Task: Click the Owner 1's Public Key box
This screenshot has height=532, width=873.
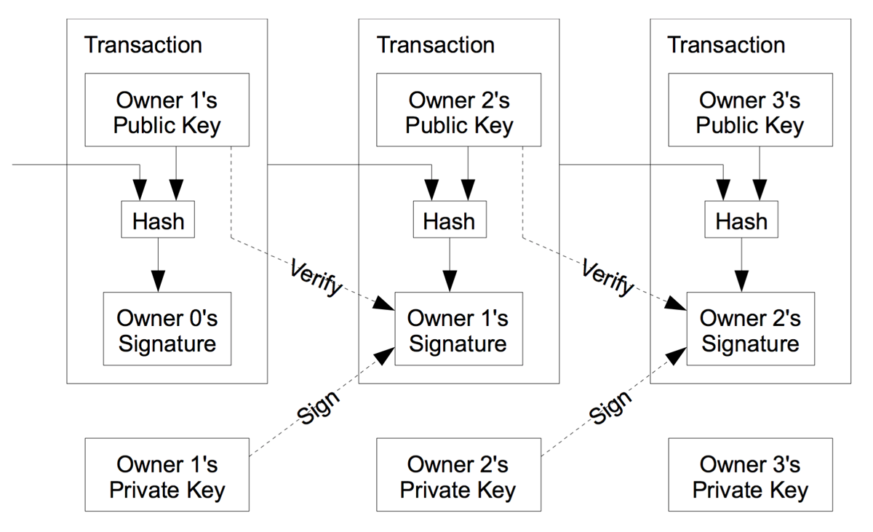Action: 167,110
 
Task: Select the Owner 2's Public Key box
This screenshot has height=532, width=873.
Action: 459,110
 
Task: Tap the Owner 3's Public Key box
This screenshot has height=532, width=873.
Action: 751,110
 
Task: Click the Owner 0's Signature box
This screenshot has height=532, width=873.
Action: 167,328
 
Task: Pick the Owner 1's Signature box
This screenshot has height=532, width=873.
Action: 459,328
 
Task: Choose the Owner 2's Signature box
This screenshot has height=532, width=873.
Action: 751,328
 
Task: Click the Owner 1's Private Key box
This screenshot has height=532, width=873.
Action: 167,475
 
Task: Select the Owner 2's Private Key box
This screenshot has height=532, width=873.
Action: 459,475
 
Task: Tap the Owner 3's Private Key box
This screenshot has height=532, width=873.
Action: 751,475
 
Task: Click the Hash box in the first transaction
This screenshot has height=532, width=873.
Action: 158,220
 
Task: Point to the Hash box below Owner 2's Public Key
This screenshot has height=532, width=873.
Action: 450,220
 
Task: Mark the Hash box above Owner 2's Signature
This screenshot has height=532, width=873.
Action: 741,220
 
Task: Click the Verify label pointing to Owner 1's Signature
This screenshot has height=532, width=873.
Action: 316,277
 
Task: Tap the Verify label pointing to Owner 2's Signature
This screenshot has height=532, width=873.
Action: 607,277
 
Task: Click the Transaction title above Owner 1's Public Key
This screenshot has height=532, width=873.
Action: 143,45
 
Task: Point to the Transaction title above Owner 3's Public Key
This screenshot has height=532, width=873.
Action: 727,45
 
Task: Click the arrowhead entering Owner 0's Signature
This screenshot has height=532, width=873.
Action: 158,281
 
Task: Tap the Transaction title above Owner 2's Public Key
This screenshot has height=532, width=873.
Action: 435,45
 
